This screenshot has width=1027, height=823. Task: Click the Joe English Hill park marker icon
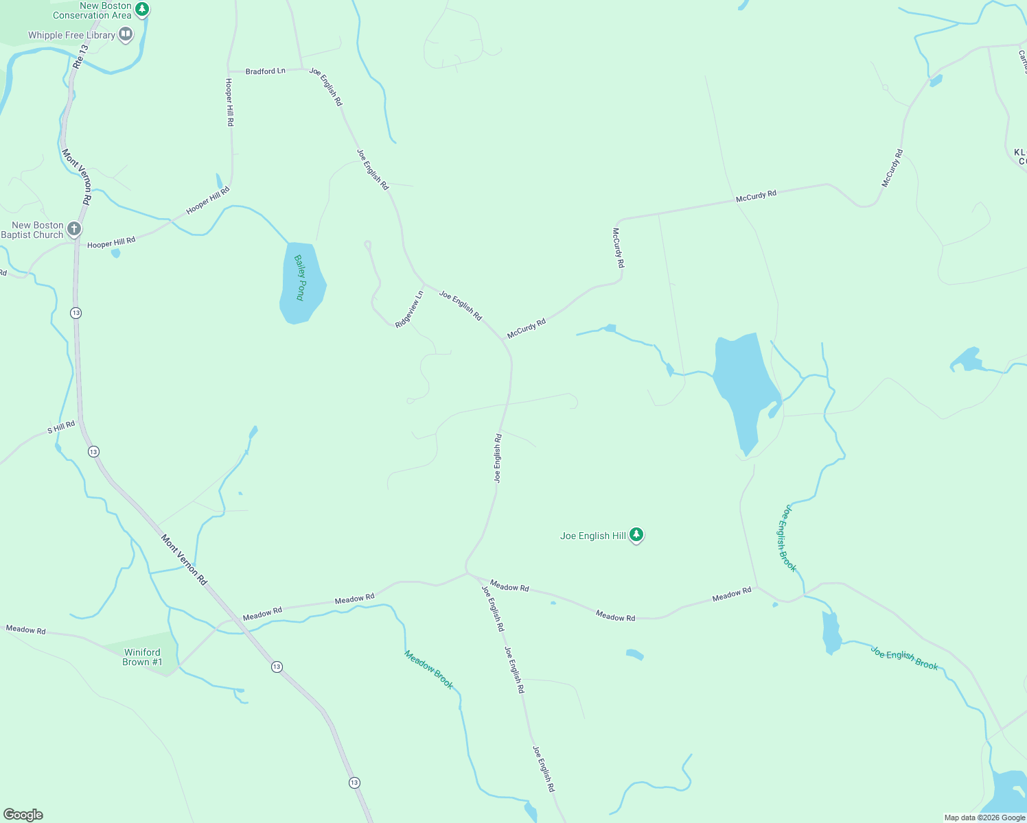pyautogui.click(x=636, y=534)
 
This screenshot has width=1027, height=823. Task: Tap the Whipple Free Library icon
pyautogui.click(x=125, y=34)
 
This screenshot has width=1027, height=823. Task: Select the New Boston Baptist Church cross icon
pyautogui.click(x=74, y=229)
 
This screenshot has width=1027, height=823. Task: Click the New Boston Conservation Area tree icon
pyautogui.click(x=141, y=9)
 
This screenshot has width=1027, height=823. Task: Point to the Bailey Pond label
pyautogui.click(x=300, y=278)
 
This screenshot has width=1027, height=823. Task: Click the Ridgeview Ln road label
pyautogui.click(x=409, y=309)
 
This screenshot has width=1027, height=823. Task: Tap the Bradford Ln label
pyautogui.click(x=265, y=71)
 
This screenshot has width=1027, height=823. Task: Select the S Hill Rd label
pyautogui.click(x=61, y=428)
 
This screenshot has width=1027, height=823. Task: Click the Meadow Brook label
pyautogui.click(x=429, y=669)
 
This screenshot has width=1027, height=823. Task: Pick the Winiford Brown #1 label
pyautogui.click(x=142, y=657)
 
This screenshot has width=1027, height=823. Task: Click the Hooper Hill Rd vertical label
pyautogui.click(x=230, y=102)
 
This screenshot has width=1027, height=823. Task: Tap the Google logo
pyautogui.click(x=23, y=814)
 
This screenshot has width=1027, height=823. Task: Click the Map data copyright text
pyautogui.click(x=984, y=818)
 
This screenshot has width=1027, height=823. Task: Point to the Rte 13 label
pyautogui.click(x=80, y=56)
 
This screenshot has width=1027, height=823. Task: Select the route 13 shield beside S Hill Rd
pyautogui.click(x=93, y=451)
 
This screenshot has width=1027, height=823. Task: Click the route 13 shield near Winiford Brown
pyautogui.click(x=277, y=667)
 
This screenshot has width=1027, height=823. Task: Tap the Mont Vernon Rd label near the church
pyautogui.click(x=76, y=177)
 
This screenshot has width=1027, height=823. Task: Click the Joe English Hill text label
pyautogui.click(x=592, y=536)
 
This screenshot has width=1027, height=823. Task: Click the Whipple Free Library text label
pyautogui.click(x=71, y=35)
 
